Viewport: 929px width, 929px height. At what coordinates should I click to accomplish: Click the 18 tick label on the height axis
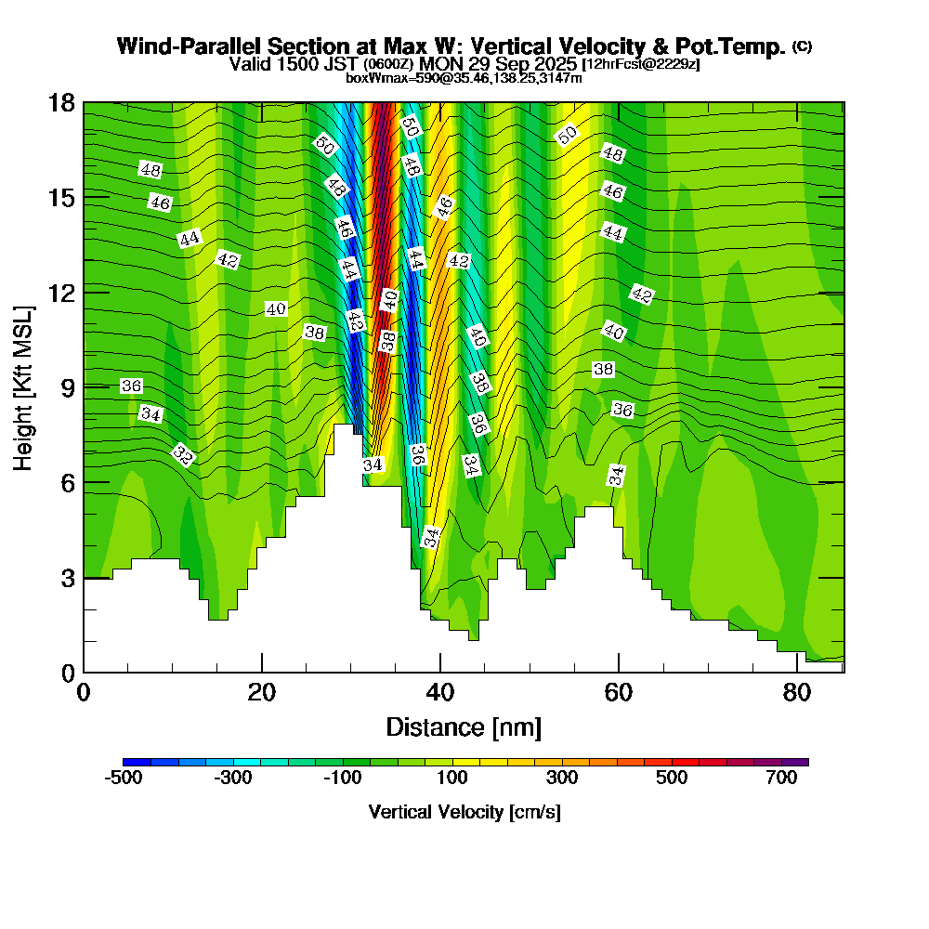[60, 103]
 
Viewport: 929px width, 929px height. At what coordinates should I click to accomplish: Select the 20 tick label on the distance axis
[262, 693]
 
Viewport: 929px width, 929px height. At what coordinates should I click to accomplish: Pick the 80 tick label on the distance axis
[796, 693]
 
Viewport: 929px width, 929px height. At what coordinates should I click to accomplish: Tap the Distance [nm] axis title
[464, 726]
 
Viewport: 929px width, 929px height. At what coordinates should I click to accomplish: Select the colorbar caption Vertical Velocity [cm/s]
[464, 812]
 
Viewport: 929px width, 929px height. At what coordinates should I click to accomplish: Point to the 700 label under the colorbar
[782, 779]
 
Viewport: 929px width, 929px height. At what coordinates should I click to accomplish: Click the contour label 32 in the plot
[183, 455]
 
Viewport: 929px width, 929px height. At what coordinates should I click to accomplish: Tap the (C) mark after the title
[803, 46]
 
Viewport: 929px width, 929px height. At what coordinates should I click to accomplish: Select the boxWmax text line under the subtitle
[464, 78]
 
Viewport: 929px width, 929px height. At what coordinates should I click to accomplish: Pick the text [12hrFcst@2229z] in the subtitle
[640, 64]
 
